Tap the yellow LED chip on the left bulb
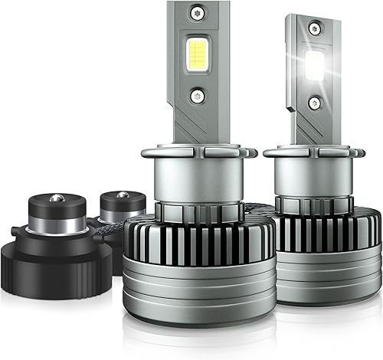[196, 54]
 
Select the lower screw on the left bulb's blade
[198, 95]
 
